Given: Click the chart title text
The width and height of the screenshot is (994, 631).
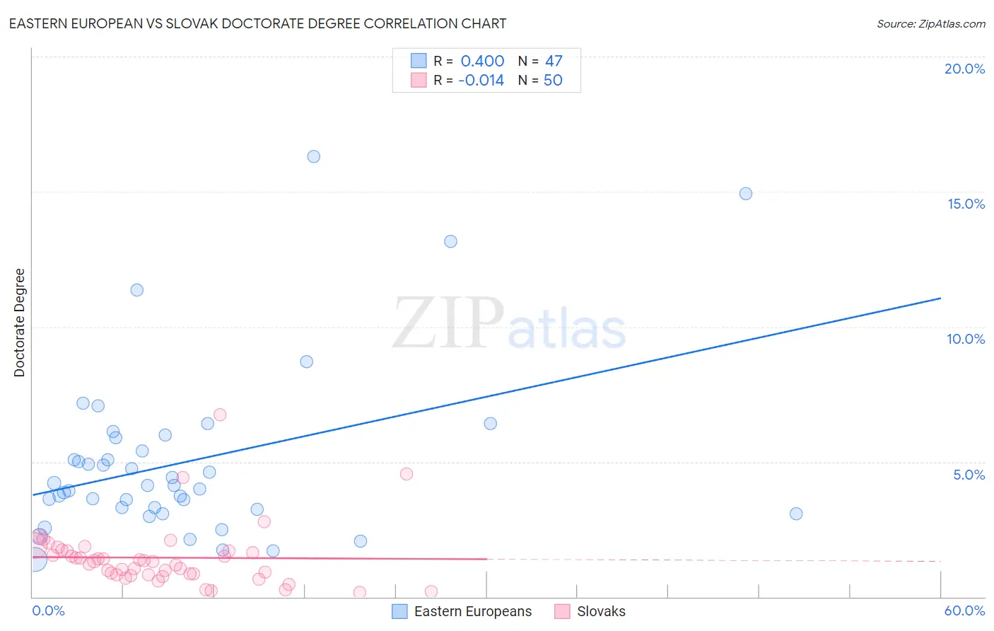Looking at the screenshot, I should [257, 23].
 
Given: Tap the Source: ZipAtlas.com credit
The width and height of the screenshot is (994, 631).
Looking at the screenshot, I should [930, 23].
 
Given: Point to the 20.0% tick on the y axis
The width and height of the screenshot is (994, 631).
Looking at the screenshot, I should [964, 69].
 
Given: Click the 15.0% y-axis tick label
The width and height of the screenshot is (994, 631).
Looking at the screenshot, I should [966, 204].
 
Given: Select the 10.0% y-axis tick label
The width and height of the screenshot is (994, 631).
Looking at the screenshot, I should [966, 339].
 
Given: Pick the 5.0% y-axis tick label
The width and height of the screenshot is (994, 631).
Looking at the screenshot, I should [969, 475].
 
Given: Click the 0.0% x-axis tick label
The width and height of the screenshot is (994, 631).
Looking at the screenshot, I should [48, 610].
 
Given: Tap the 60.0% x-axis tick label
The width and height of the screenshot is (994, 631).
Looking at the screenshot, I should [964, 610].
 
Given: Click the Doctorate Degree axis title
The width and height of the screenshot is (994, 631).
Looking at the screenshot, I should [19, 323].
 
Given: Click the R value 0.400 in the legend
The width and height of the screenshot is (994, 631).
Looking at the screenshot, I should [482, 61].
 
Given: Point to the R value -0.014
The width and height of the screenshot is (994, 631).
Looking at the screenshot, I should [481, 80].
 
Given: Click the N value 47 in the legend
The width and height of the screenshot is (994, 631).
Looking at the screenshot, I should [554, 61].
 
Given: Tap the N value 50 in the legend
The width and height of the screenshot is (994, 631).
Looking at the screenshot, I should [553, 80].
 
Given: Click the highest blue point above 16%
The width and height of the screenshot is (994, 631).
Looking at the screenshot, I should [313, 156].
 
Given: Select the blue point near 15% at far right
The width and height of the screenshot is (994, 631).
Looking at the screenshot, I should [745, 194].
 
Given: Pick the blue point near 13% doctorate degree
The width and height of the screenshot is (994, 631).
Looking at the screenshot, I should [450, 241].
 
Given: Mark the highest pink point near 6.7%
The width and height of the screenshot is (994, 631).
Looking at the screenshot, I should [220, 415].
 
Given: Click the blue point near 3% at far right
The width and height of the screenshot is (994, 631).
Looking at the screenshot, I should [796, 514].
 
